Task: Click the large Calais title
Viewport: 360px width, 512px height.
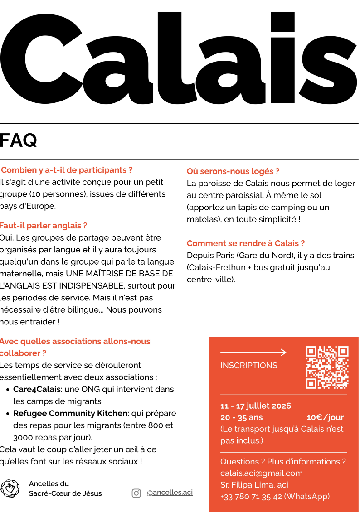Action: tap(180, 57)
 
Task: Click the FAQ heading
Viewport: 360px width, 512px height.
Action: tap(19, 141)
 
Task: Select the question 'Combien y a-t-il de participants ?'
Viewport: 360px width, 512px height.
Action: tap(67, 170)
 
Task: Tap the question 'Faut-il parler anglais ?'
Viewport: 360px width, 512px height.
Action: tap(44, 225)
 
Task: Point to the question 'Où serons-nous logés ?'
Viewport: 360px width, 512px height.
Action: tap(233, 171)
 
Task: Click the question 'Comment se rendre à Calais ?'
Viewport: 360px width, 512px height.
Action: tap(246, 243)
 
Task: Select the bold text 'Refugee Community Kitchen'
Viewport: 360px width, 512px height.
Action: tap(70, 413)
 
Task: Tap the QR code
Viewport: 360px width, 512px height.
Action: tap(327, 367)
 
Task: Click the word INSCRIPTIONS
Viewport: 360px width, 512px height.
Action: tap(248, 366)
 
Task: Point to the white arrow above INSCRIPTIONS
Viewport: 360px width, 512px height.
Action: tap(253, 352)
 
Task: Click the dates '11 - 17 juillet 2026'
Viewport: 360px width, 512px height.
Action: tap(256, 406)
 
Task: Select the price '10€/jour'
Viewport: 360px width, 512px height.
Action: tap(325, 417)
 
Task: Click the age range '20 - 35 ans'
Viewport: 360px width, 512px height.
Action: tap(241, 417)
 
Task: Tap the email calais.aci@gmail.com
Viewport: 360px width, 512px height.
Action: tap(262, 473)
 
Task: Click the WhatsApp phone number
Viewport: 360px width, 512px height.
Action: tap(275, 496)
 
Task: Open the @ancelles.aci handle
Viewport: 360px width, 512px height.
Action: tap(170, 493)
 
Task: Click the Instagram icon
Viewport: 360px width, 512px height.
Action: tap(136, 493)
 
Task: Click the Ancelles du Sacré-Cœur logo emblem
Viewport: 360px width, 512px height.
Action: tap(10, 488)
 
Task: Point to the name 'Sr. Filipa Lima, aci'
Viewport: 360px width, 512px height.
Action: tap(254, 485)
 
